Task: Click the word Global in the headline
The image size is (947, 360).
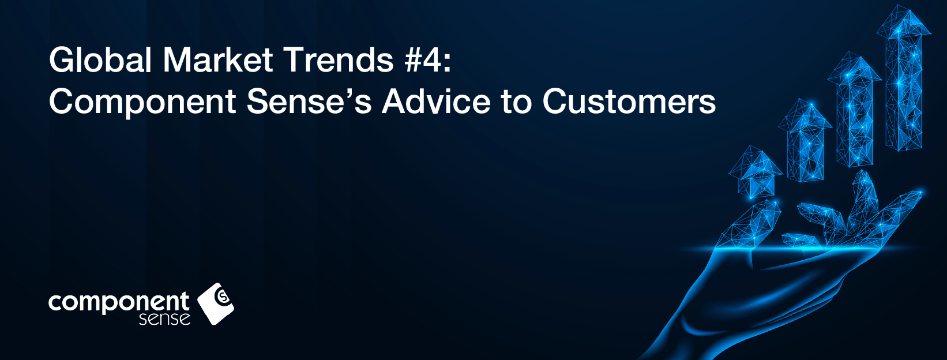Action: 100,60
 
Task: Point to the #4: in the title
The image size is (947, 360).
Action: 427,60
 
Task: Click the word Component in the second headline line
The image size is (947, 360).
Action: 142,103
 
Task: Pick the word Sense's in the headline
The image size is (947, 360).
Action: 309,102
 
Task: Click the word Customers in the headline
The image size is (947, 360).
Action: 629,102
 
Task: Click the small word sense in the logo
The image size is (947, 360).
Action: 164,319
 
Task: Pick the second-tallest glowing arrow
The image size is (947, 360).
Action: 855,110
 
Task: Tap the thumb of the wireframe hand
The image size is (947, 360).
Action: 750,225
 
